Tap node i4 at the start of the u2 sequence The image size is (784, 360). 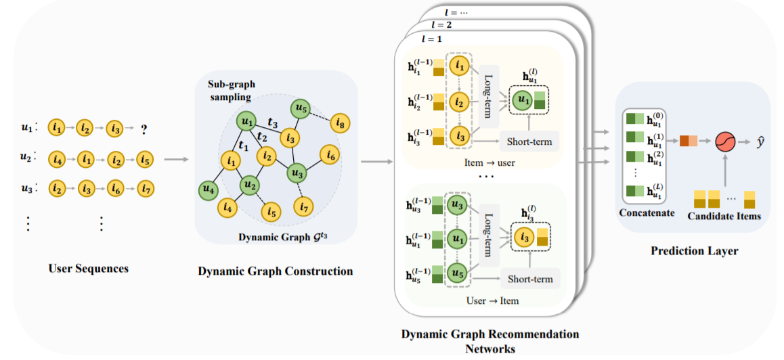pyautogui.click(x=58, y=160)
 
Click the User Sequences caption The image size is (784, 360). pyautogui.click(x=89, y=269)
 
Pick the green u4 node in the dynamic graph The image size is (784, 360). pyautogui.click(x=208, y=190)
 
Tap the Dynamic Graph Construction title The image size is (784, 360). pyautogui.click(x=275, y=271)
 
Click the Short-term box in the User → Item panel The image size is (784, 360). pyautogui.click(x=530, y=279)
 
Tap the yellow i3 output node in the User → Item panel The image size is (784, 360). pyautogui.click(x=523, y=238)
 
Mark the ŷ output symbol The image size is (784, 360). pyautogui.click(x=759, y=141)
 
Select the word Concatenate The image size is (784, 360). pyautogui.click(x=647, y=213)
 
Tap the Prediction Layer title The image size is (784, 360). pyautogui.click(x=694, y=251)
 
